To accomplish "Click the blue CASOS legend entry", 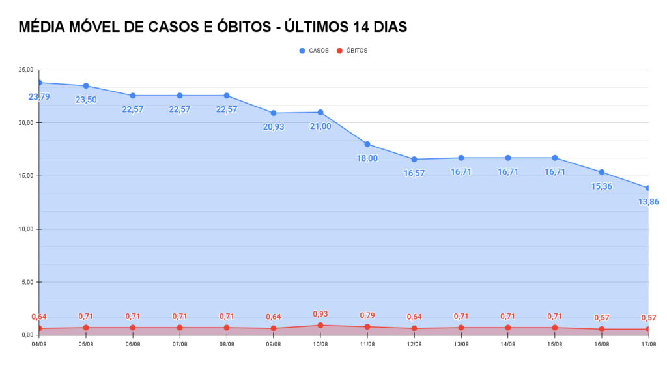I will click(314, 51).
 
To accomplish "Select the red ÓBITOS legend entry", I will click(352, 51).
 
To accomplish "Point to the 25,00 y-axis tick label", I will click(26, 70).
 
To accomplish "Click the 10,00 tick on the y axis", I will click(26, 229).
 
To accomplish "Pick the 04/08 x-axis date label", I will click(39, 344).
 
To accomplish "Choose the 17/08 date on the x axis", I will click(648, 344).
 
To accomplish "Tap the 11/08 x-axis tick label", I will click(367, 344).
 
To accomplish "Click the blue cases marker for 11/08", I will click(367, 144).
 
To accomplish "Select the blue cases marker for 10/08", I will click(320, 112).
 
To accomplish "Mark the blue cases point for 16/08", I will click(602, 172).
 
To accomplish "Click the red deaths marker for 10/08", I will click(320, 325).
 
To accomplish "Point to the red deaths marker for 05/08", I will click(86, 328).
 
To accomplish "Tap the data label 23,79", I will click(39, 97).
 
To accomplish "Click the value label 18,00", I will click(367, 158).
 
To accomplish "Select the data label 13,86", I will click(649, 202).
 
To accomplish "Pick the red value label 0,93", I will click(320, 314).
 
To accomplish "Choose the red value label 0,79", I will click(367, 317).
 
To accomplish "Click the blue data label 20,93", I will click(274, 127).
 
